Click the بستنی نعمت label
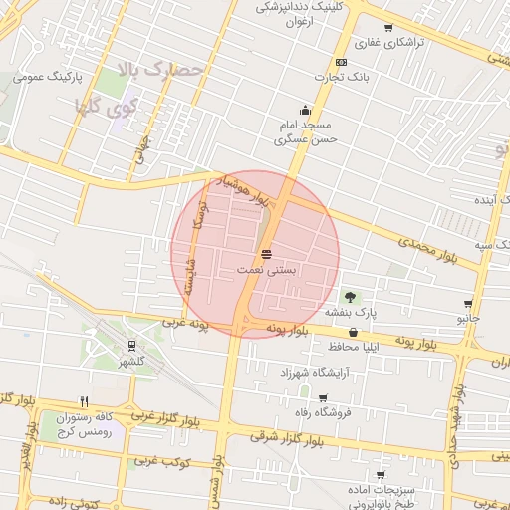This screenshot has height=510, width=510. click(266, 270)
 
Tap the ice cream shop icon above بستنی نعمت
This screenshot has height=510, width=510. click(266, 254)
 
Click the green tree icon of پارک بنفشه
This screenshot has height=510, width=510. click(350, 296)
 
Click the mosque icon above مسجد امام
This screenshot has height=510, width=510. click(305, 111)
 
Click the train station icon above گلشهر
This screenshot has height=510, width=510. click(130, 347)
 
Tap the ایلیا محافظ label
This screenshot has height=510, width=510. click(354, 347)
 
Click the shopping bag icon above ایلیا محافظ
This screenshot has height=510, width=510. click(353, 332)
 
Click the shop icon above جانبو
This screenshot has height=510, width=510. click(468, 304)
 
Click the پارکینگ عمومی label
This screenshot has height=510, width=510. click(47, 76)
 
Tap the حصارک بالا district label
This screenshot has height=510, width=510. click(160, 71)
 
